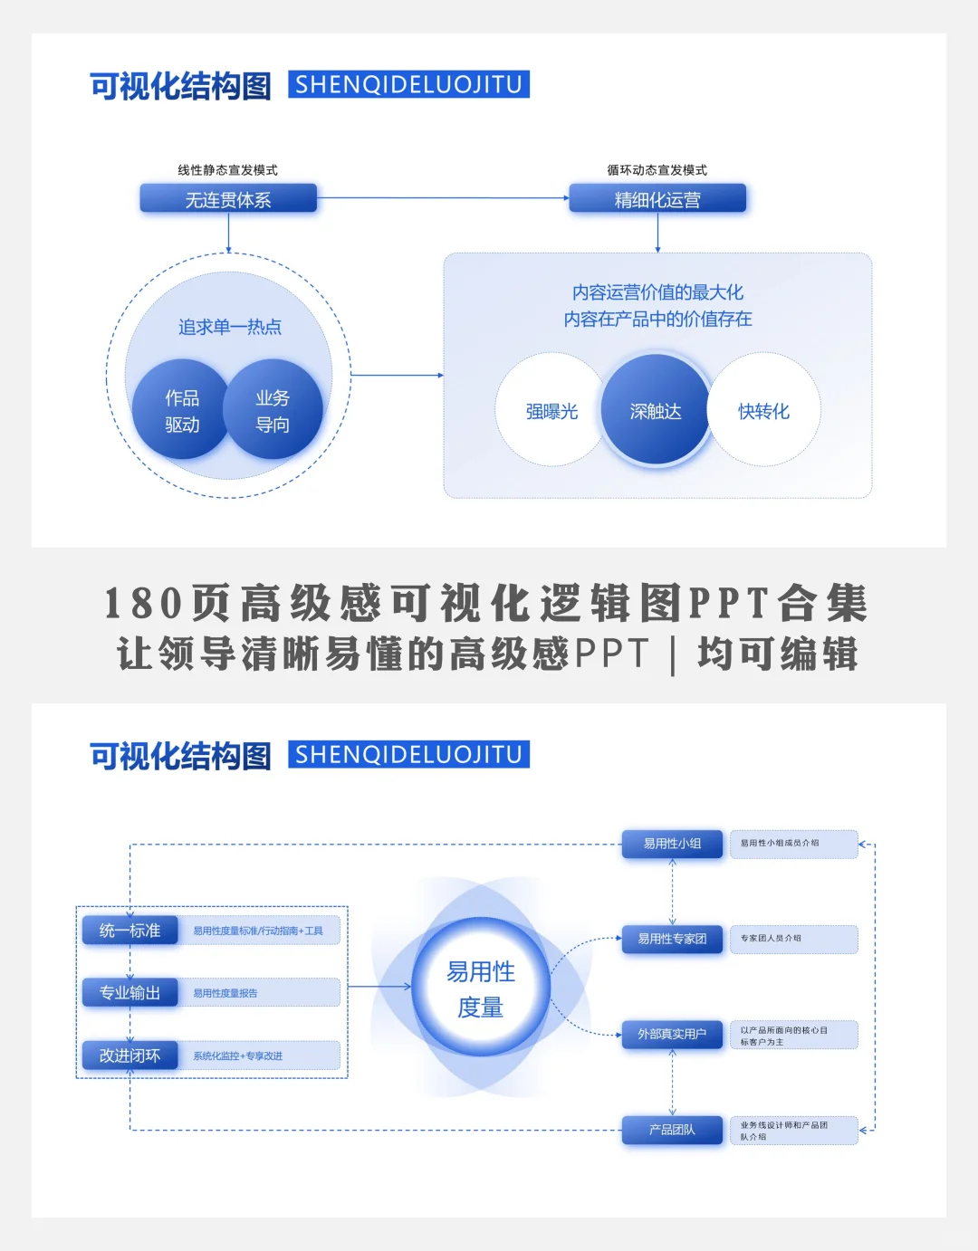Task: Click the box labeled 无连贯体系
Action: point(228,199)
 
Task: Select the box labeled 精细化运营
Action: point(657,199)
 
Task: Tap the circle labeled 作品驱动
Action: point(182,411)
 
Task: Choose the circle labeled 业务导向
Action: point(273,411)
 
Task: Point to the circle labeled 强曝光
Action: point(551,411)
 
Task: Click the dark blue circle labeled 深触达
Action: point(656,411)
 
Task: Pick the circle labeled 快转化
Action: point(763,411)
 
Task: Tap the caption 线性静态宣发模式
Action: point(227,170)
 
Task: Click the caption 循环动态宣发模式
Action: point(657,170)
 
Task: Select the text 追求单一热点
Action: point(229,327)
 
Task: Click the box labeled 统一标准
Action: point(129,931)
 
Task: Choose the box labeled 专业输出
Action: point(129,993)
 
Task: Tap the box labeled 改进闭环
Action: point(129,1055)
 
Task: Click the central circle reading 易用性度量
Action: point(481,988)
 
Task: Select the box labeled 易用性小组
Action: point(672,844)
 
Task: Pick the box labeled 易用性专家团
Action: point(672,939)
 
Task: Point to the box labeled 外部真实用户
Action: point(672,1034)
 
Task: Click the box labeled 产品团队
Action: point(672,1130)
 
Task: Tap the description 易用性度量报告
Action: point(225,993)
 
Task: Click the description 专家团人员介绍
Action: point(771,939)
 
